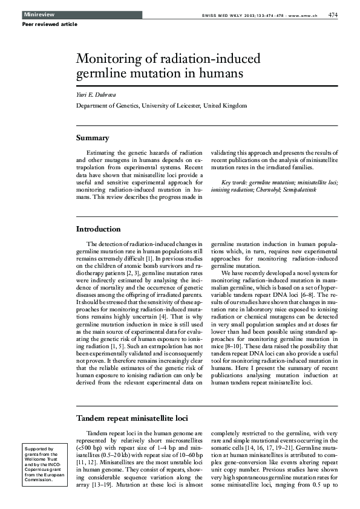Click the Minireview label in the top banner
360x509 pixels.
[36, 14]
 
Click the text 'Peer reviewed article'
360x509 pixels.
[50, 24]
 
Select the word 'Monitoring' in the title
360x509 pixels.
[107, 60]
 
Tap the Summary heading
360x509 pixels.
[93, 138]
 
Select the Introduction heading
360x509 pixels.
[98, 229]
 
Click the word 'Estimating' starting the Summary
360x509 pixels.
[100, 153]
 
